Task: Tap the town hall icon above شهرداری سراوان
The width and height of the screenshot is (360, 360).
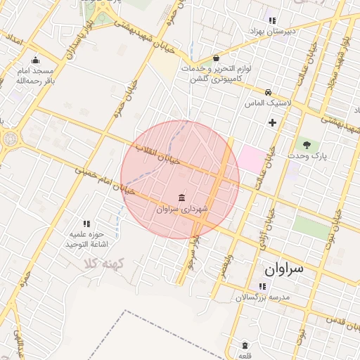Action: [x=182, y=197]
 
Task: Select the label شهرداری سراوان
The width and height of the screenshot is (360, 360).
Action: [x=182, y=209]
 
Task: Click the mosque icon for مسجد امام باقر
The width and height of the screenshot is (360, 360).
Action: [x=35, y=60]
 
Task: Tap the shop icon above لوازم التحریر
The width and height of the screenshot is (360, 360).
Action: [x=215, y=58]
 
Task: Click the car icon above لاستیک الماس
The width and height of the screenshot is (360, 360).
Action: [x=268, y=92]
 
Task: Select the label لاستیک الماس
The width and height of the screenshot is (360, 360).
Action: [x=268, y=103]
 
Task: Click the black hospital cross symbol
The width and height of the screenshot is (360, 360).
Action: [x=272, y=123]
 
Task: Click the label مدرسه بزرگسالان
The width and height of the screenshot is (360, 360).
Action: [x=262, y=297]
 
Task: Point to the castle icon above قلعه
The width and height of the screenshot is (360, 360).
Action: [x=244, y=345]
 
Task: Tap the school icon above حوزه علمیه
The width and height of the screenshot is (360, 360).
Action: [x=86, y=223]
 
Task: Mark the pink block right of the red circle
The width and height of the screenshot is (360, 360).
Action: [x=253, y=159]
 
